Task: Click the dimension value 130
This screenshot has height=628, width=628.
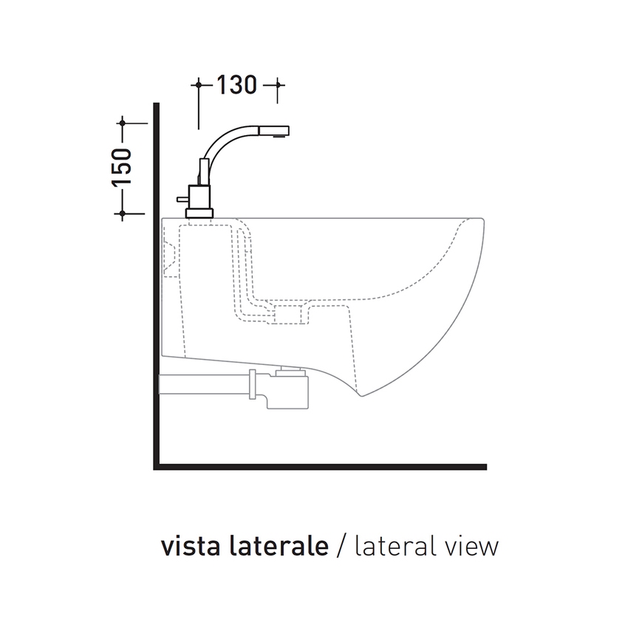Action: (x=236, y=86)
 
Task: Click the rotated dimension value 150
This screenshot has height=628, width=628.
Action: (x=122, y=166)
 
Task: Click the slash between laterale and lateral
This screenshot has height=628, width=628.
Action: (x=341, y=548)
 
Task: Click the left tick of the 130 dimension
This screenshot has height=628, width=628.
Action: (x=199, y=86)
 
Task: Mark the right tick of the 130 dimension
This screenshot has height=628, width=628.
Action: (x=276, y=86)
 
